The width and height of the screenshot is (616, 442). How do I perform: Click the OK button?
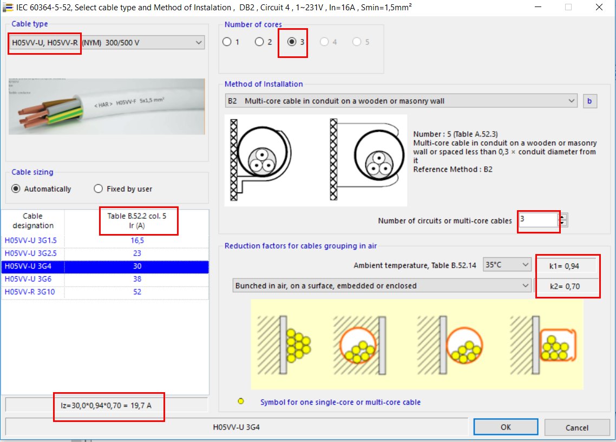505,427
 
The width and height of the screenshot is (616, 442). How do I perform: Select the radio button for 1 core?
227,42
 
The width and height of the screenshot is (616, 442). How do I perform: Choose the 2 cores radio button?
259,42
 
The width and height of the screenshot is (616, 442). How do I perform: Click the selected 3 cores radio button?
292,42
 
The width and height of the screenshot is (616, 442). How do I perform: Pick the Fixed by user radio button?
98,188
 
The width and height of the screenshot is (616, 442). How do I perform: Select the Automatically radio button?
16,188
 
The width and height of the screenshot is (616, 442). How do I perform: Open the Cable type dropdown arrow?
198,42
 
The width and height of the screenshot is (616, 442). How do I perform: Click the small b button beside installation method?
589,101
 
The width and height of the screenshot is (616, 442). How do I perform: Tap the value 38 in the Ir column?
137,279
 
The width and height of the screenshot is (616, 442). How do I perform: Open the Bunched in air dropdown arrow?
525,285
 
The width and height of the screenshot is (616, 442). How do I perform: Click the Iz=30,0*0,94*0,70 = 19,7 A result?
108,404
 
